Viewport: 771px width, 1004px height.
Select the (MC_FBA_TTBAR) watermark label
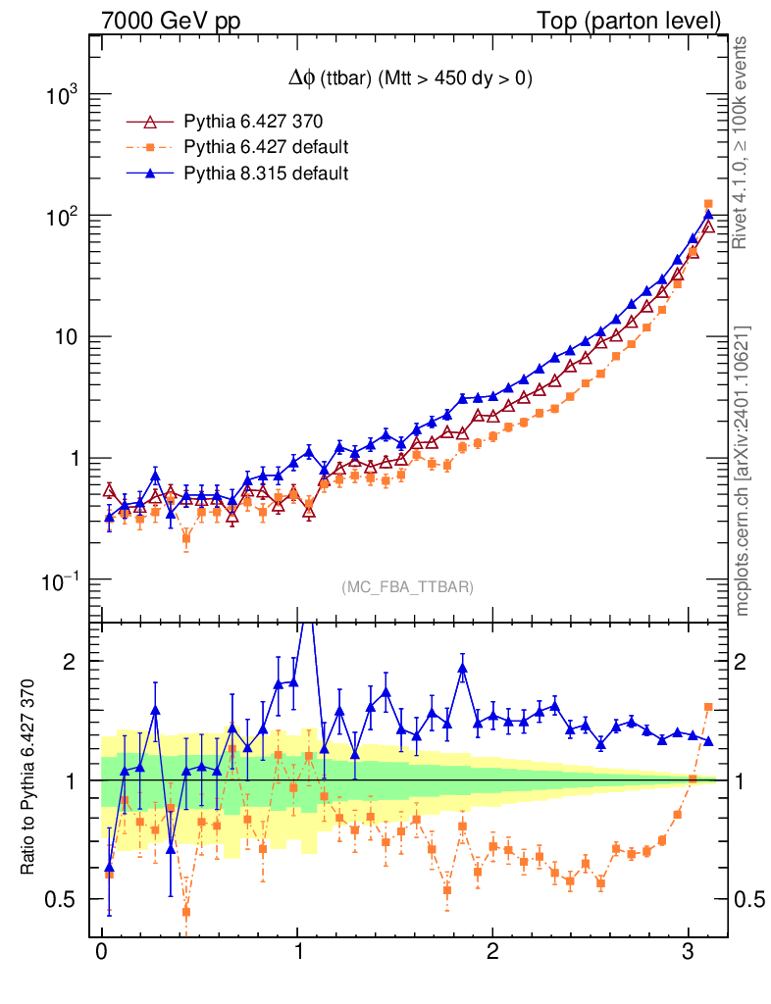[x=408, y=587]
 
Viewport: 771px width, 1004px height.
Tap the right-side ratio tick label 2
[x=744, y=662]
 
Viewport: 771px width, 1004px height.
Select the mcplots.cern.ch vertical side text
[x=744, y=471]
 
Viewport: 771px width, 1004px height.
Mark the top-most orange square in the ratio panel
[x=708, y=707]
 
